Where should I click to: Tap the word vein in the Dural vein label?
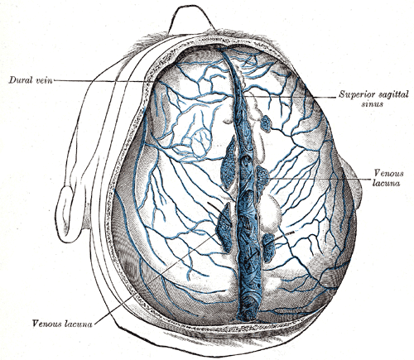(x=45, y=80)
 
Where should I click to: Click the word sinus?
(x=372, y=104)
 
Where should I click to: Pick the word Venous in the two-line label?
(x=388, y=173)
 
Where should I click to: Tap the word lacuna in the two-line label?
(x=386, y=183)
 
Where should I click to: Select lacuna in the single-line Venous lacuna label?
(x=78, y=324)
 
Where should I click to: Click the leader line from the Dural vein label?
(x=100, y=81)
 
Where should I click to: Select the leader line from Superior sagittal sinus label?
(x=290, y=97)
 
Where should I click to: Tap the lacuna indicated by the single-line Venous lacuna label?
(x=225, y=228)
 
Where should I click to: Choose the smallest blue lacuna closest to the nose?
(x=266, y=123)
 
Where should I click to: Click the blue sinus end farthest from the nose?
(x=249, y=312)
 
